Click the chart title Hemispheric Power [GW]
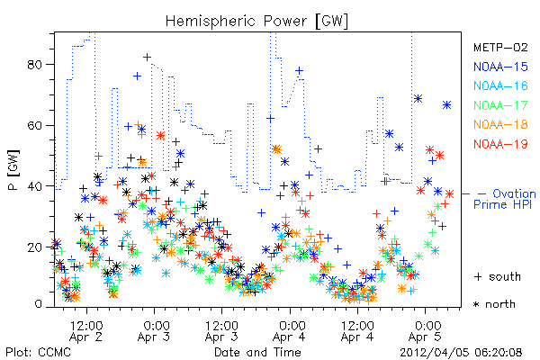coord(256,22)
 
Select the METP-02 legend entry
coord(500,47)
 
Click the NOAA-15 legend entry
coord(500,67)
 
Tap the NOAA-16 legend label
coord(500,85)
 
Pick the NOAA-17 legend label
coord(500,105)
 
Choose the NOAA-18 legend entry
coord(500,124)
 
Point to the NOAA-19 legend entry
coord(500,144)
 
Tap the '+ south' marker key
coord(498,276)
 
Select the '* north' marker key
coord(494,304)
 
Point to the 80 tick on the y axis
coord(35,65)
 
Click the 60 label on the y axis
coord(35,125)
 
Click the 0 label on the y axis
coord(39,304)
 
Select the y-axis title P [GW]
coord(13,169)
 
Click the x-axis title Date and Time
coord(257,353)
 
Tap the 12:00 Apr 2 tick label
coord(86,331)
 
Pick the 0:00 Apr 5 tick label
coord(426,331)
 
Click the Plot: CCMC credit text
coord(38,353)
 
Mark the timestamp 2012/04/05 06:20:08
coord(461,353)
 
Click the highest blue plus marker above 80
coord(147,58)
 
